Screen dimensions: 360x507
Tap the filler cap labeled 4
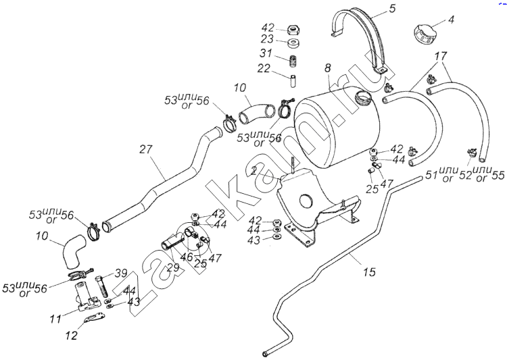[x=424, y=33]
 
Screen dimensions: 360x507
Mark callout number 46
[x=180, y=257]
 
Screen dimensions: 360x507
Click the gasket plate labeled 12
[x=93, y=319]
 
